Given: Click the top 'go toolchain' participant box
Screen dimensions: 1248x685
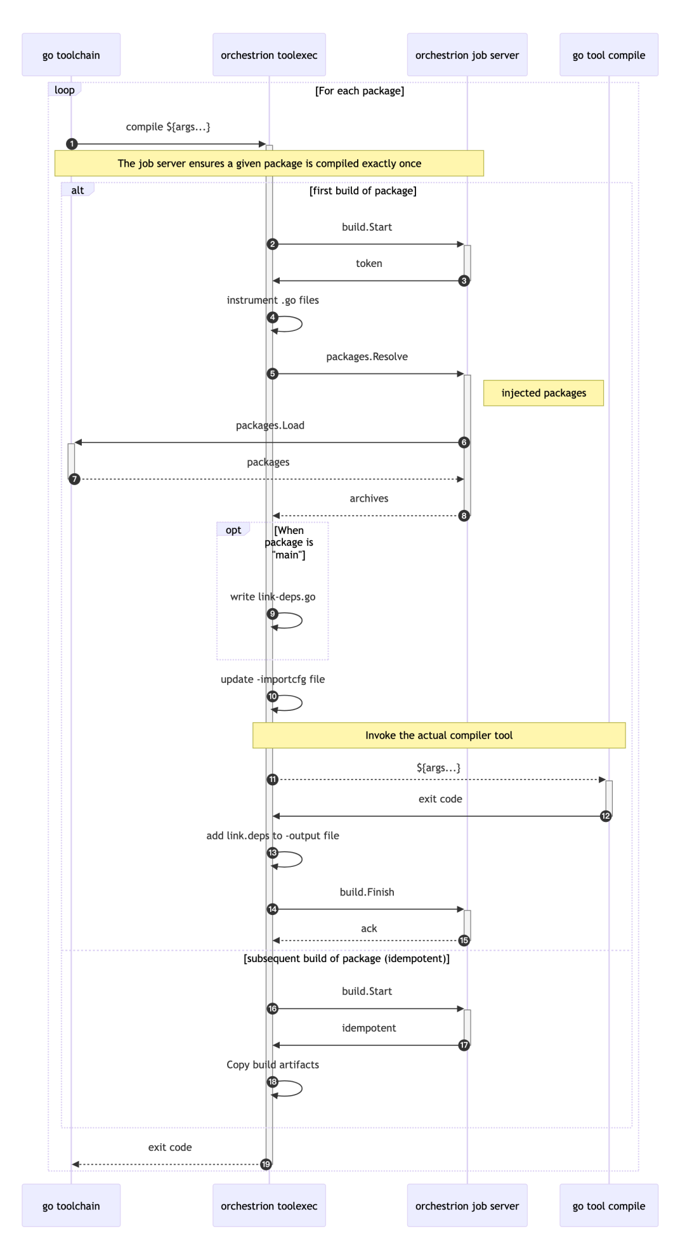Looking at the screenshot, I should pos(71,55).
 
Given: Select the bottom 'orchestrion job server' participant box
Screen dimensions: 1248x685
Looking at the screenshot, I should pos(467,1206).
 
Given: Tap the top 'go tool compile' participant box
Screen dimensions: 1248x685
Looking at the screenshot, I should pos(608,55).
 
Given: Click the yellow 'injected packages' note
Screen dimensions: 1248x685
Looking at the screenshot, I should pos(544,393).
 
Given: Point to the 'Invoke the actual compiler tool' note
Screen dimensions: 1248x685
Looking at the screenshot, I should pos(439,736).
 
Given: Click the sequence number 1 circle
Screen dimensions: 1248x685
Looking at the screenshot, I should pos(72,144).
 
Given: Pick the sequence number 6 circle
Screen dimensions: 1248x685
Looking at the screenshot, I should pos(464,443).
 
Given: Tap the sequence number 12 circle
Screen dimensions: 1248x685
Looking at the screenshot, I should pos(606,816).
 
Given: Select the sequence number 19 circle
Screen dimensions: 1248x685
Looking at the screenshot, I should pos(266,1164).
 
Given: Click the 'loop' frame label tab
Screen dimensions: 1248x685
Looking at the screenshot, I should pos(65,90).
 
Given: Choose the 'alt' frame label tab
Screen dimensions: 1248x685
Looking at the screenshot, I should pos(77,190).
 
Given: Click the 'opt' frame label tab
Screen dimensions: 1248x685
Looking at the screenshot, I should pos(233,530).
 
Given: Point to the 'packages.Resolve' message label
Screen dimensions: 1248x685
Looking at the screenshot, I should pos(367,357).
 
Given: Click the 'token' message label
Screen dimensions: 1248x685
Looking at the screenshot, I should pos(369,264).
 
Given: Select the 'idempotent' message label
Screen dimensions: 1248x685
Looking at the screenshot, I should pos(369,1028).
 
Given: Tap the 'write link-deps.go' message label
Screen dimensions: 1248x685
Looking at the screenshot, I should pos(273,597).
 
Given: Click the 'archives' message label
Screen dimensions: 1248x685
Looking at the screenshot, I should pos(369,498).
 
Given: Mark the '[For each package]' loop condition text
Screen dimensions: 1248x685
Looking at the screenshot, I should pos(360,91).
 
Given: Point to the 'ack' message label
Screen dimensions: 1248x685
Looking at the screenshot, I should pos(369,928).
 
